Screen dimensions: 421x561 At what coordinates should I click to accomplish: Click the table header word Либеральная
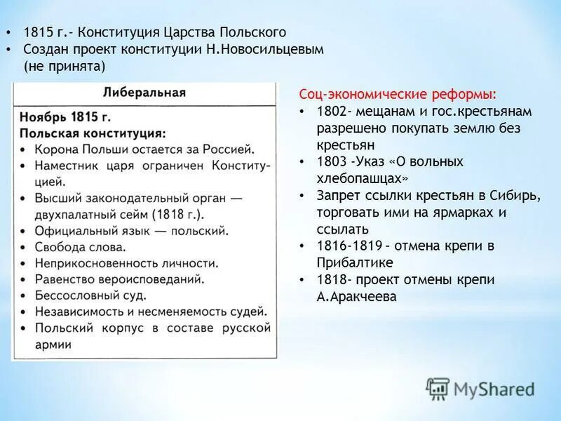(x=144, y=93)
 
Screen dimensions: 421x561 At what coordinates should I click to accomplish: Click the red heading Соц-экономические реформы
(x=398, y=95)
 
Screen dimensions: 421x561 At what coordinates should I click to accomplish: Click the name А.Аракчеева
(x=356, y=297)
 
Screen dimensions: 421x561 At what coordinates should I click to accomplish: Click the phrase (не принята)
(x=64, y=67)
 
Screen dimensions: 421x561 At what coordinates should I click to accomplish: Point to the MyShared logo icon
(x=438, y=388)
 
